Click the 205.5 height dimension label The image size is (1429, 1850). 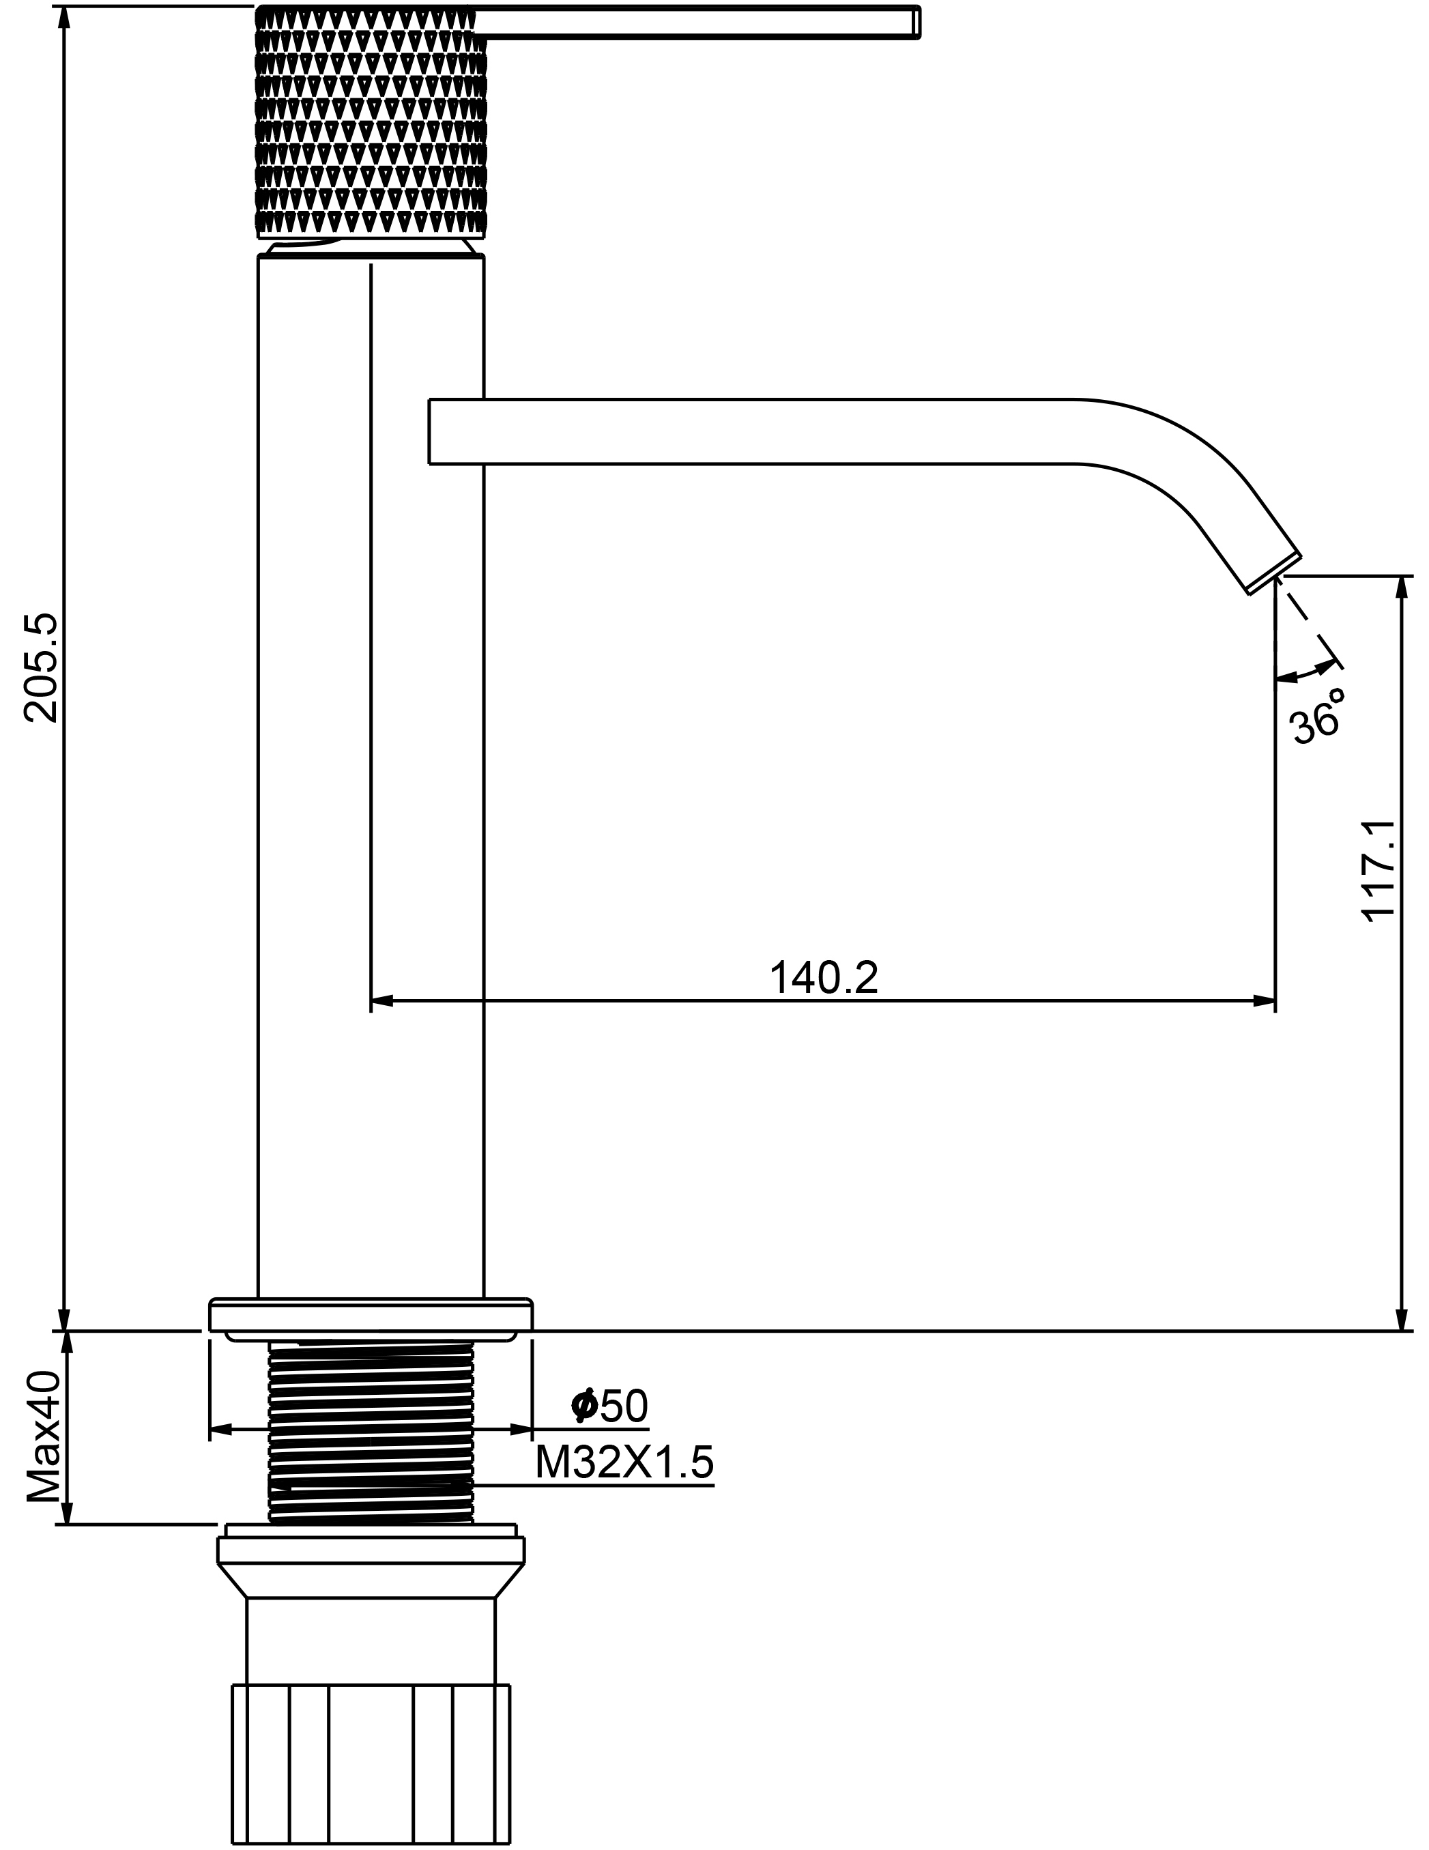pyautogui.click(x=41, y=668)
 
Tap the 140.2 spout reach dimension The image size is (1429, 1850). pyautogui.click(x=824, y=977)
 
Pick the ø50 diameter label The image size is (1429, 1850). pyautogui.click(x=610, y=1407)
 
